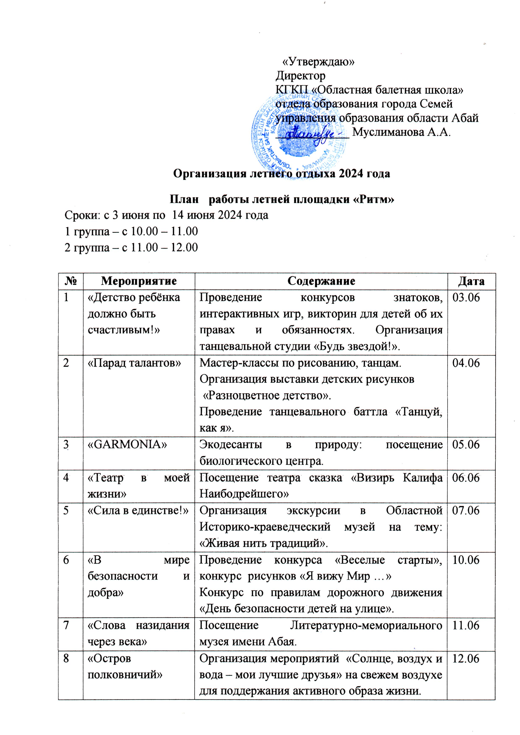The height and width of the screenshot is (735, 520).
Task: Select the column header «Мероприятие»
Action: (x=139, y=281)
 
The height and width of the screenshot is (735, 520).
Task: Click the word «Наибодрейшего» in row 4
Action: (x=244, y=494)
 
